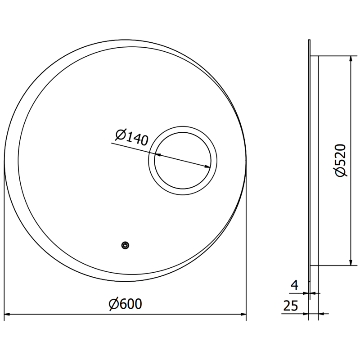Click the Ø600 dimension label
126,305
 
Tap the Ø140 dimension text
131,137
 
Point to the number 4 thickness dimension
294,285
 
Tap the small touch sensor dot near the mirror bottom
125,245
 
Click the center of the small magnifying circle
183,161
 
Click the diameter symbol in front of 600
113,305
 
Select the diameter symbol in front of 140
120,134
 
